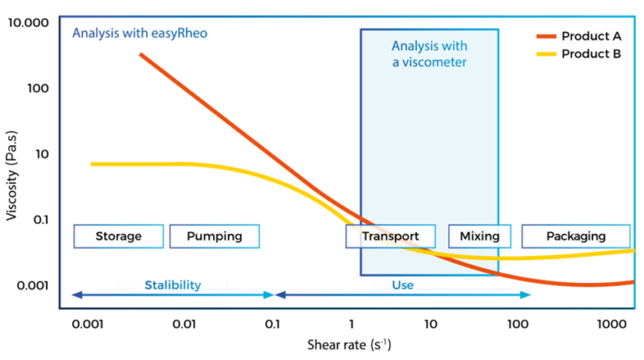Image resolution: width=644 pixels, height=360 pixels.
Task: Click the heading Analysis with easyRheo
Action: [x=139, y=34]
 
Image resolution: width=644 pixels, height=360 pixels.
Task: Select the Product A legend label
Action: [x=591, y=36]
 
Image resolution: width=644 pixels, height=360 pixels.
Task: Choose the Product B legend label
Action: [x=591, y=55]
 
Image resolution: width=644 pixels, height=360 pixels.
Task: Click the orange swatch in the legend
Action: [x=546, y=36]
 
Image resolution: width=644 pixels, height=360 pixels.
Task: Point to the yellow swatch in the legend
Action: [x=546, y=55]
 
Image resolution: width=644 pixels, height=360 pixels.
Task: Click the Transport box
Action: [x=390, y=237]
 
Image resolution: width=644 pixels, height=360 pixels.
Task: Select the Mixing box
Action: [x=480, y=237]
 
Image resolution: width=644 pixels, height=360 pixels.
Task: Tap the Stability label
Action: [x=173, y=285]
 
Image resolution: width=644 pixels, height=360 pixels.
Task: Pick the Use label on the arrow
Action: [x=402, y=285]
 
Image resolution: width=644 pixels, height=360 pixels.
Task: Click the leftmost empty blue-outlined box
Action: [x=118, y=237]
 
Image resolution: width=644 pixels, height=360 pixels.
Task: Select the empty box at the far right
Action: [x=576, y=237]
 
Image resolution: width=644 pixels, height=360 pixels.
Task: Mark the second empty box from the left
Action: [x=215, y=237]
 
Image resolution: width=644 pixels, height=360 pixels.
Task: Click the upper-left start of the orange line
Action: [x=140, y=54]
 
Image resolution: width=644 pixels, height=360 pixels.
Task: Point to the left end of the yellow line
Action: [x=91, y=164]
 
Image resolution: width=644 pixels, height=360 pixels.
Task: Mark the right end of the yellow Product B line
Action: [x=633, y=250]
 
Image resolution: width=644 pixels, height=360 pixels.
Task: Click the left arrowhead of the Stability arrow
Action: [x=74, y=295]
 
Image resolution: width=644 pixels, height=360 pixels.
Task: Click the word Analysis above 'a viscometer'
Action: [x=415, y=46]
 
